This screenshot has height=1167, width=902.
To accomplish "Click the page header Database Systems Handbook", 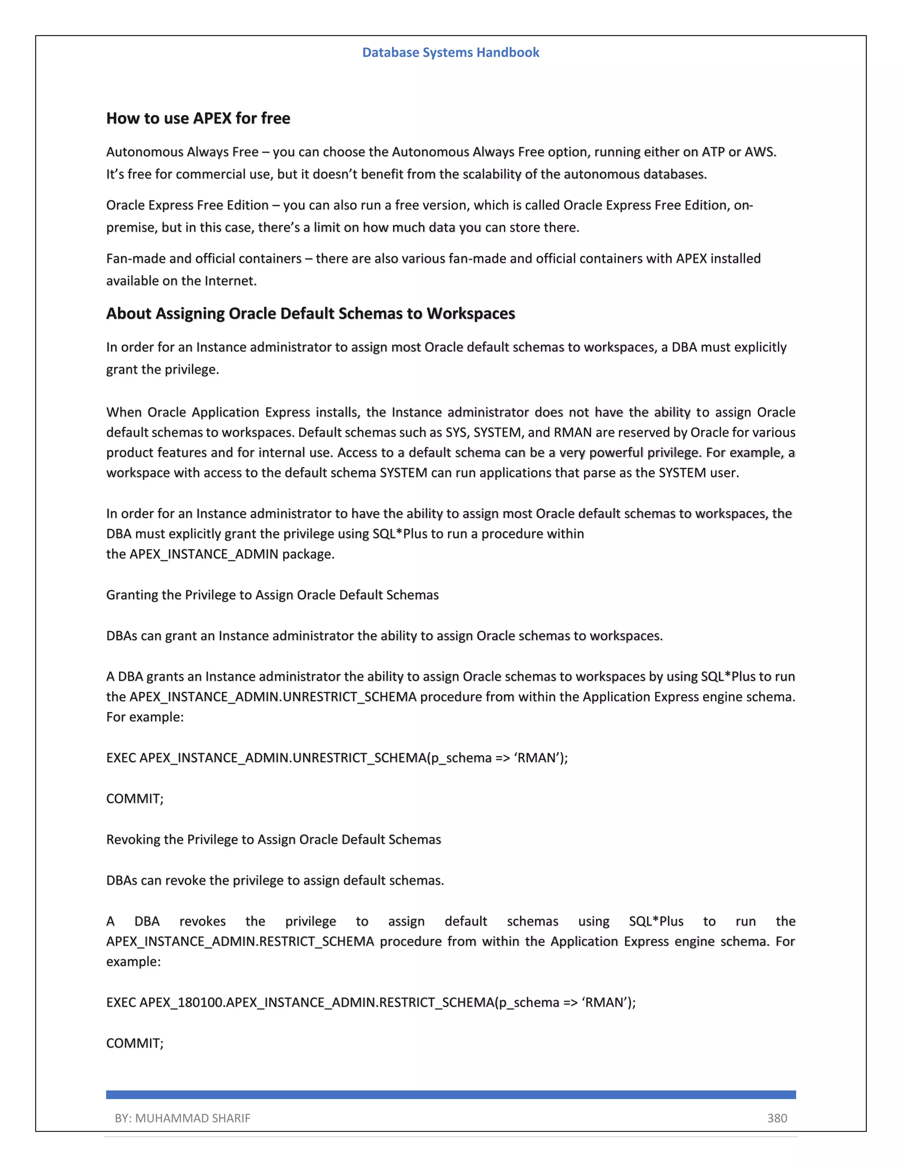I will point(451,52).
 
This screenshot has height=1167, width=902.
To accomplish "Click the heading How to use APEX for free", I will point(198,118).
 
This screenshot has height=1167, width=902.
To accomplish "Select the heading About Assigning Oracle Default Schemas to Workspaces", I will point(310,313).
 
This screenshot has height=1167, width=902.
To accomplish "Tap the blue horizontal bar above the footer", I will point(451,1094).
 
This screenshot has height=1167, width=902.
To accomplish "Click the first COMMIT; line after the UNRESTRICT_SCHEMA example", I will point(135,798).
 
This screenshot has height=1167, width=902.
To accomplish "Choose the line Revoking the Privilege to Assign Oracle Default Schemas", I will point(273,839).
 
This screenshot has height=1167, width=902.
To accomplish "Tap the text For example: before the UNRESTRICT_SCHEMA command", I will point(145,717).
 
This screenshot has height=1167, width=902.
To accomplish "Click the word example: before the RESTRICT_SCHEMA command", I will point(133,962).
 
